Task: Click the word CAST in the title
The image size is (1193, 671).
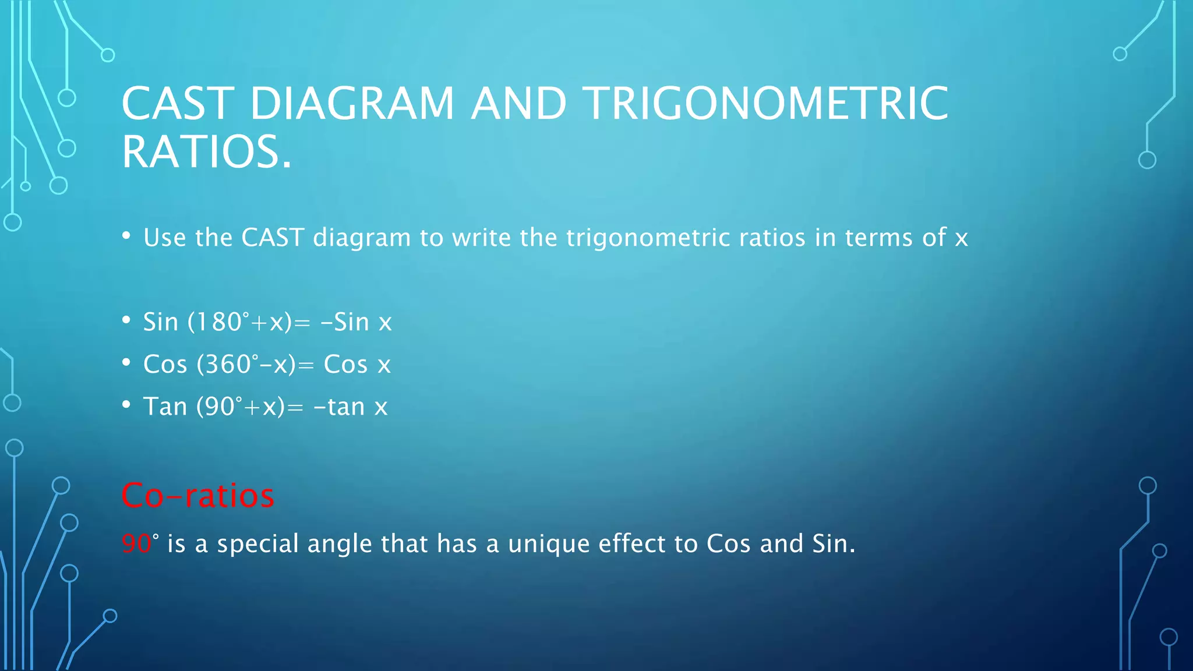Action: pos(178,104)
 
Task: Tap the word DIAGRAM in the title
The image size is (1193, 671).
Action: pos(352,104)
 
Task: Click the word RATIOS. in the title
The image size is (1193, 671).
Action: pos(206,152)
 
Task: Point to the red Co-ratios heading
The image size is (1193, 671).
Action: pos(197,496)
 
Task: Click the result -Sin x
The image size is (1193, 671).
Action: pos(356,322)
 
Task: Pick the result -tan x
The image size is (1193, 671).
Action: pos(350,407)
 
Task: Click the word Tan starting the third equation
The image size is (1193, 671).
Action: pos(165,407)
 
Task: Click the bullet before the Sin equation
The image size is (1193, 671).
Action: pos(126,320)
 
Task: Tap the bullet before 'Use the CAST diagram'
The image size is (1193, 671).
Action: pos(126,235)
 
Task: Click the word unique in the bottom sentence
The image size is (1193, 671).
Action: pos(548,544)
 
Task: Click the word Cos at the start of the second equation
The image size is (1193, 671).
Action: pos(165,365)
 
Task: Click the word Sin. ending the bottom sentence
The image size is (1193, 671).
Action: pos(834,543)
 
